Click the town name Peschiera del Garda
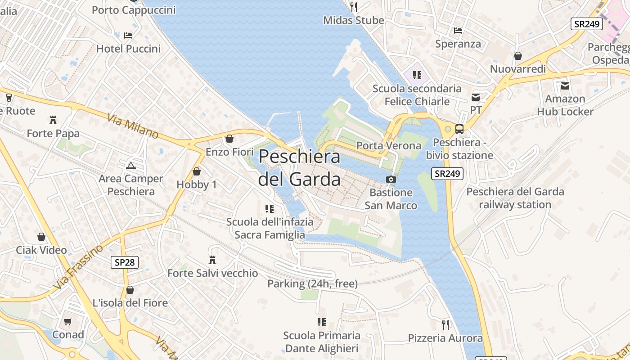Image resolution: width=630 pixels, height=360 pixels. click(x=299, y=167)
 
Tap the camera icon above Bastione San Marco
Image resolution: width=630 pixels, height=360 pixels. click(x=391, y=179)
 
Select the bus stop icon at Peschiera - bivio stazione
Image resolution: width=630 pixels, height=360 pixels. click(x=459, y=129)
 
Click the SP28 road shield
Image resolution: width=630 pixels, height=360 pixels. click(x=125, y=262)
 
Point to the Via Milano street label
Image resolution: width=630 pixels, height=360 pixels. click(x=133, y=126)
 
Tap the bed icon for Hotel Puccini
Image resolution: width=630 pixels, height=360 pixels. click(x=128, y=35)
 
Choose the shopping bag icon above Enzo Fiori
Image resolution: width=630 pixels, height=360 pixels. click(x=229, y=139)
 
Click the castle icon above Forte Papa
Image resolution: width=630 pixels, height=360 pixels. click(x=53, y=120)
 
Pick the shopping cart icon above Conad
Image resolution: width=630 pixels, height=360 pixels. click(x=68, y=321)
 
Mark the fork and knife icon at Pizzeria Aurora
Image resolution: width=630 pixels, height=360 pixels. click(x=445, y=324)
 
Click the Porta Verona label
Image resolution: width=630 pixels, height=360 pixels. click(x=389, y=145)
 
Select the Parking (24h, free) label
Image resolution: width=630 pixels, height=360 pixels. click(x=313, y=283)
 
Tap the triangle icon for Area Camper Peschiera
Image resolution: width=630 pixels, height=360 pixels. click(x=130, y=166)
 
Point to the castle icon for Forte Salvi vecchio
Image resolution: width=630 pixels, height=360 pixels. click(x=212, y=260)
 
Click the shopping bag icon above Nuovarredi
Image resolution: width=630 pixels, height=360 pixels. click(x=518, y=56)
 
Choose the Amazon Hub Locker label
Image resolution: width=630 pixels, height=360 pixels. click(x=565, y=105)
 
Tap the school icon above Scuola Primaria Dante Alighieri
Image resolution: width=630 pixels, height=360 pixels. click(x=321, y=322)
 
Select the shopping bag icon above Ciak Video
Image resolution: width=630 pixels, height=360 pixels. click(x=41, y=237)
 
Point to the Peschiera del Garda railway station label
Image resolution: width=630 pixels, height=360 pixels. click(x=515, y=198)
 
